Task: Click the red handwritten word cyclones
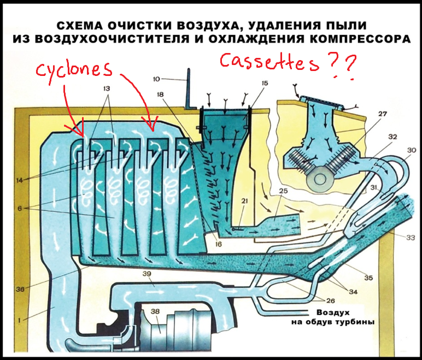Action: pyautogui.click(x=73, y=70)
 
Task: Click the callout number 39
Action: pyautogui.click(x=146, y=273)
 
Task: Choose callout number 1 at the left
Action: pyautogui.click(x=17, y=320)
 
